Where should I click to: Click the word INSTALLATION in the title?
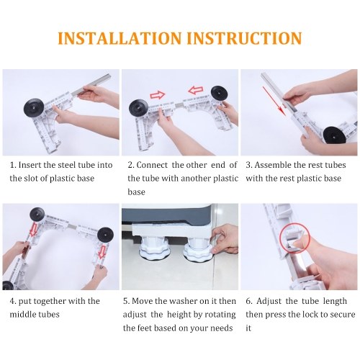point(120,38)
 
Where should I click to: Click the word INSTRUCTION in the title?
point(244,38)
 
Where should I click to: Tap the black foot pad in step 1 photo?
point(34,108)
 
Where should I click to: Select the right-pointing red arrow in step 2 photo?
point(158,95)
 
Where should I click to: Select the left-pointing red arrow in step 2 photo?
point(196,91)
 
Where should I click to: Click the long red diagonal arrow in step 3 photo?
point(274,101)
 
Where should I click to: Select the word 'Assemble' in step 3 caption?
point(273,165)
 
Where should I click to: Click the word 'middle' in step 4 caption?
point(21,314)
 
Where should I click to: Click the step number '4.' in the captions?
point(13,301)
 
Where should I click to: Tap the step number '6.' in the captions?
point(249,301)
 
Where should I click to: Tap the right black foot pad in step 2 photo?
point(218,94)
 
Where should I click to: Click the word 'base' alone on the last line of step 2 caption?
point(136,192)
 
